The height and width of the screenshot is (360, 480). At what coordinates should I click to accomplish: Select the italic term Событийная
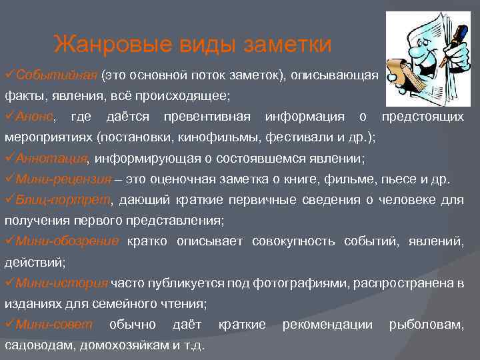pos(57,75)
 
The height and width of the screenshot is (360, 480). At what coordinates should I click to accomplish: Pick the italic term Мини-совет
pos(54,324)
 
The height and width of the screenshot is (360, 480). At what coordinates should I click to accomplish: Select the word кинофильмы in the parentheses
pos(203,138)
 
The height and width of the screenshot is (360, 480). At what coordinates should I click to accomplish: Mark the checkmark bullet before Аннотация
pos(9,159)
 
